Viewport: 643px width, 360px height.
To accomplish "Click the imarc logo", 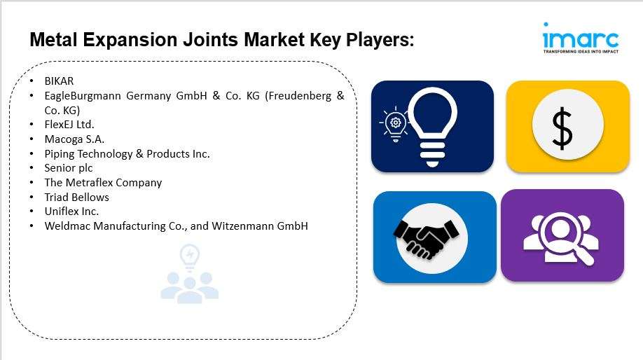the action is [x=581, y=38].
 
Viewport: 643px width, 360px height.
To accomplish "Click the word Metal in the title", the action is [x=53, y=40].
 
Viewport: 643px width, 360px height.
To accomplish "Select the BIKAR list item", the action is [x=59, y=81].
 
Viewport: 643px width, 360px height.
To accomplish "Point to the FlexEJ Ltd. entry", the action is [x=69, y=124].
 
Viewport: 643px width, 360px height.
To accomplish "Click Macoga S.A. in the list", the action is [x=74, y=139].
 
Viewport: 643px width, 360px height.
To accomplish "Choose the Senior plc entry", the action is [x=69, y=168].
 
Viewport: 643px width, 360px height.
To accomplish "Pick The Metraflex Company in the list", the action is [x=103, y=183].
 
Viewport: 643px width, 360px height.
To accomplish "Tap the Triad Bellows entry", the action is [x=76, y=198].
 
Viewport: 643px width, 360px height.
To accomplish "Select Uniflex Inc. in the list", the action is [x=71, y=211].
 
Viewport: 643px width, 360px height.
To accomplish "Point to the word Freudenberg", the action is [x=298, y=95].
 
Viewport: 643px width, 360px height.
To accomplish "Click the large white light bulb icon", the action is [x=432, y=127].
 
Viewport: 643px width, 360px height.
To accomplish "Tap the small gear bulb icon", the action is [x=395, y=124].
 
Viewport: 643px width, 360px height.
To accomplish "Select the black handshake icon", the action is [x=426, y=239].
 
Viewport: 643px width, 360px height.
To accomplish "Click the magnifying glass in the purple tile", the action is [x=567, y=238].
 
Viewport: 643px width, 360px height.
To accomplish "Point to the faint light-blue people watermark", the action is [x=189, y=274].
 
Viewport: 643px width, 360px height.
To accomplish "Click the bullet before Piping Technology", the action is [x=32, y=154].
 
